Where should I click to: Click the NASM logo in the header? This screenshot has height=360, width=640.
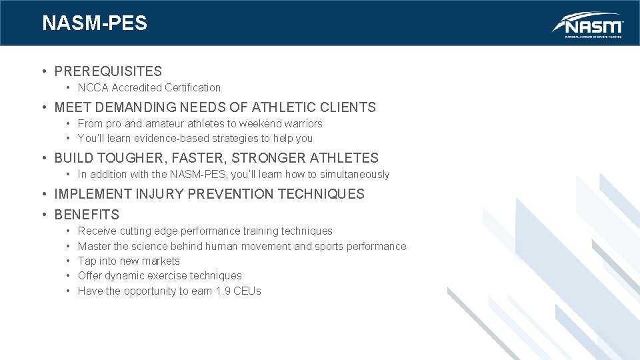[587, 25]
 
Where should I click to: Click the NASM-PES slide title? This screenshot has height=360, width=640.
[95, 23]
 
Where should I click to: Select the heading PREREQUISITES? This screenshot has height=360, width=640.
[108, 71]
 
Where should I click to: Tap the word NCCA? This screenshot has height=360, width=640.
[93, 87]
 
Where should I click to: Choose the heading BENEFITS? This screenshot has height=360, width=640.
[87, 215]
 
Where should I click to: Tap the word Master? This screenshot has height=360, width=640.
[94, 247]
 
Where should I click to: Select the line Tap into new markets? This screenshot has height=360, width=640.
[129, 261]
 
